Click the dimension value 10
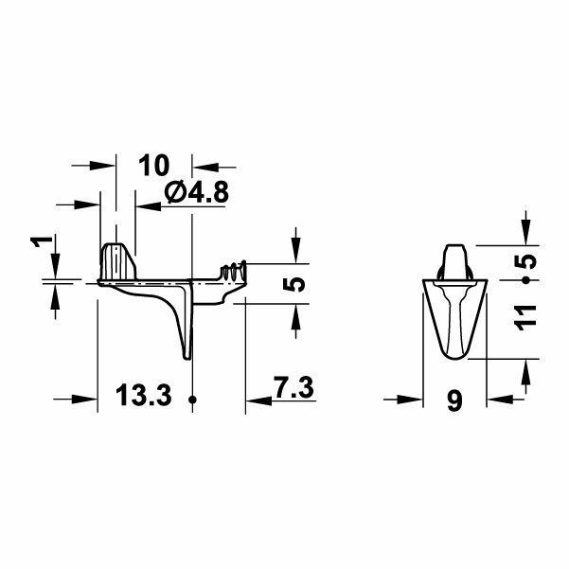coord(154,165)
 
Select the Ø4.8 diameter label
coord(196,193)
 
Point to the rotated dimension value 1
coord(38,243)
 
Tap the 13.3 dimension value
coord(146,395)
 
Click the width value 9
coord(454,401)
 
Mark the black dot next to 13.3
coord(192,400)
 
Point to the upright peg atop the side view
coord(117,258)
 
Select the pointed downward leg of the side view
coord(186,336)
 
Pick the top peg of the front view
coord(455,258)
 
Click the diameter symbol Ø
coord(174,193)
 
